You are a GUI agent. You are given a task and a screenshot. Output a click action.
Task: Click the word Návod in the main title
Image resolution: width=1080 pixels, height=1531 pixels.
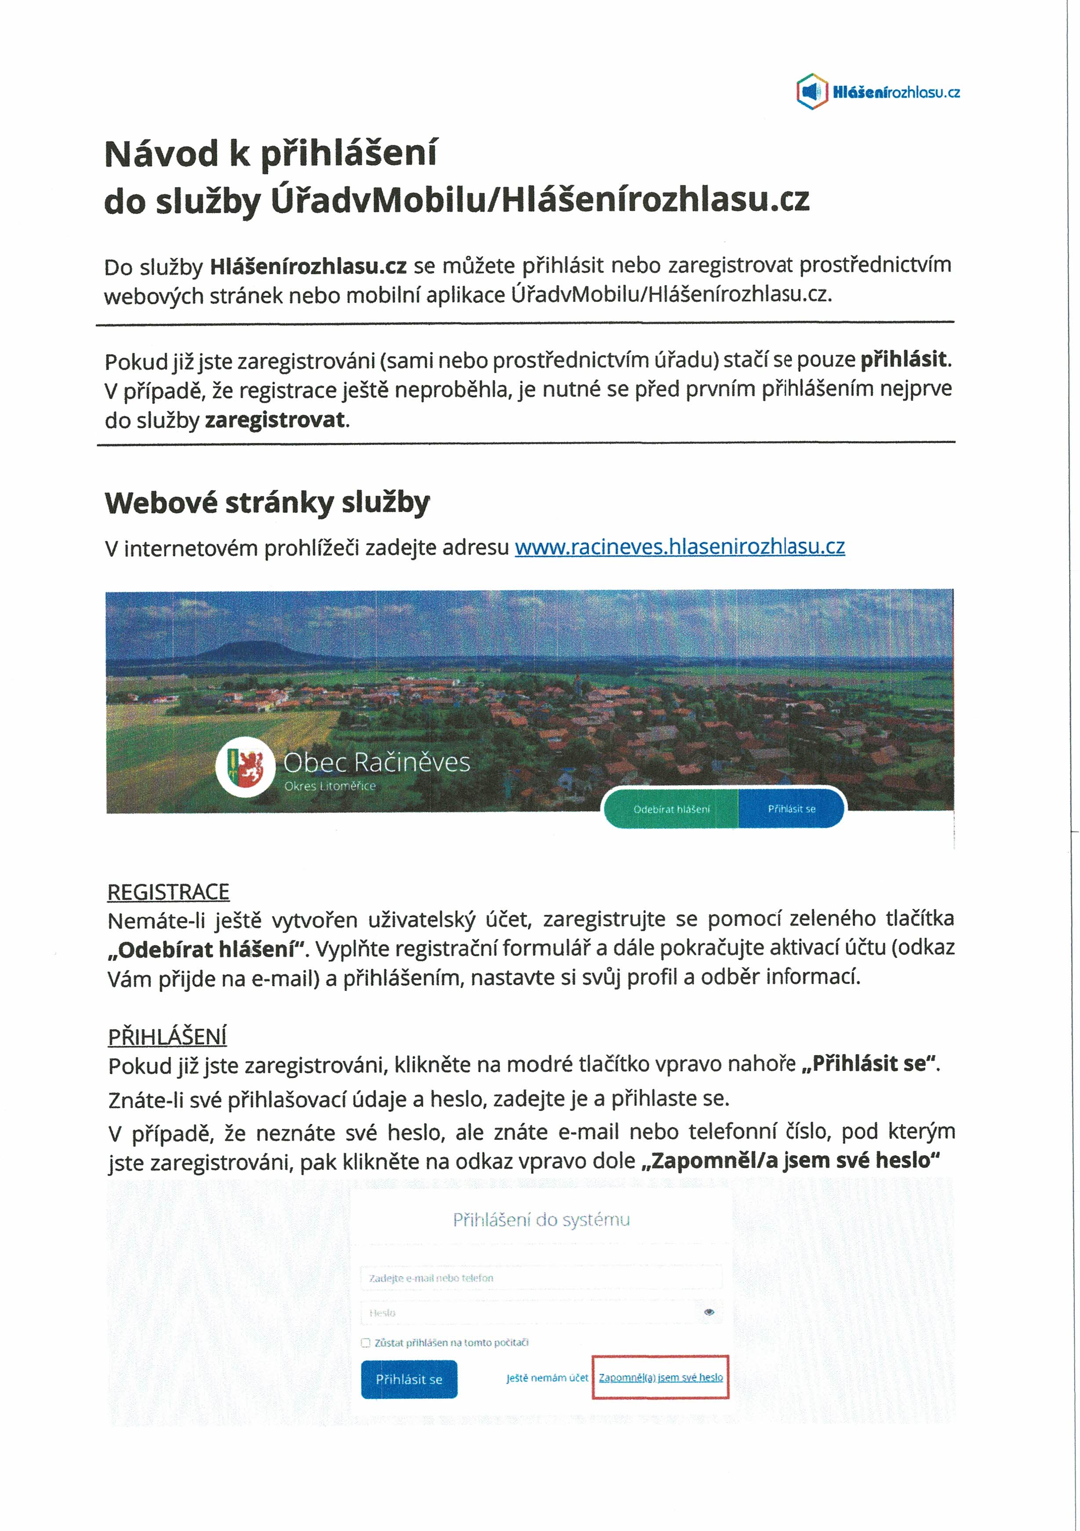tap(161, 154)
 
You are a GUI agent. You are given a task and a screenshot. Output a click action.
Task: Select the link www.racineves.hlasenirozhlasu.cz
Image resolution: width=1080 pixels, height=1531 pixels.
tap(679, 547)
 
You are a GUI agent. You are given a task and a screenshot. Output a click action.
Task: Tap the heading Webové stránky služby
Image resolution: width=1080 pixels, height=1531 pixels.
tap(267, 503)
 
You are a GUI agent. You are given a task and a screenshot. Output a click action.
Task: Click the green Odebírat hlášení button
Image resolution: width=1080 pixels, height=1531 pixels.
tap(671, 809)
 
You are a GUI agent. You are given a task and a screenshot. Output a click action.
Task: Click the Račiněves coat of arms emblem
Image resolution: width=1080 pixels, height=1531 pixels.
tap(245, 767)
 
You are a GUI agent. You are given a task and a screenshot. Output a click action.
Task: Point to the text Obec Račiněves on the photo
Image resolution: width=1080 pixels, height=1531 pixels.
tap(376, 762)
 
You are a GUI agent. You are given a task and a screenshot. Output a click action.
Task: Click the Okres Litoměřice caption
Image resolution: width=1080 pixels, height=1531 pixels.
tap(330, 786)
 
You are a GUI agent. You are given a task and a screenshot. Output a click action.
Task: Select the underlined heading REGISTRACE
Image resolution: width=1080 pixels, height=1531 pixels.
tap(168, 892)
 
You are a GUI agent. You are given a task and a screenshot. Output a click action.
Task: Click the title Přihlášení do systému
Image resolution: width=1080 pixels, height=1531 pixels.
tap(541, 1219)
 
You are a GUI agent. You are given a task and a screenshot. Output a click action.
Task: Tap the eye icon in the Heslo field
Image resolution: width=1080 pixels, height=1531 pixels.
tap(709, 1312)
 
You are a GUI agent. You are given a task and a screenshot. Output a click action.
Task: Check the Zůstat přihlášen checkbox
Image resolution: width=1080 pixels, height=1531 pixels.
tap(366, 1343)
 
